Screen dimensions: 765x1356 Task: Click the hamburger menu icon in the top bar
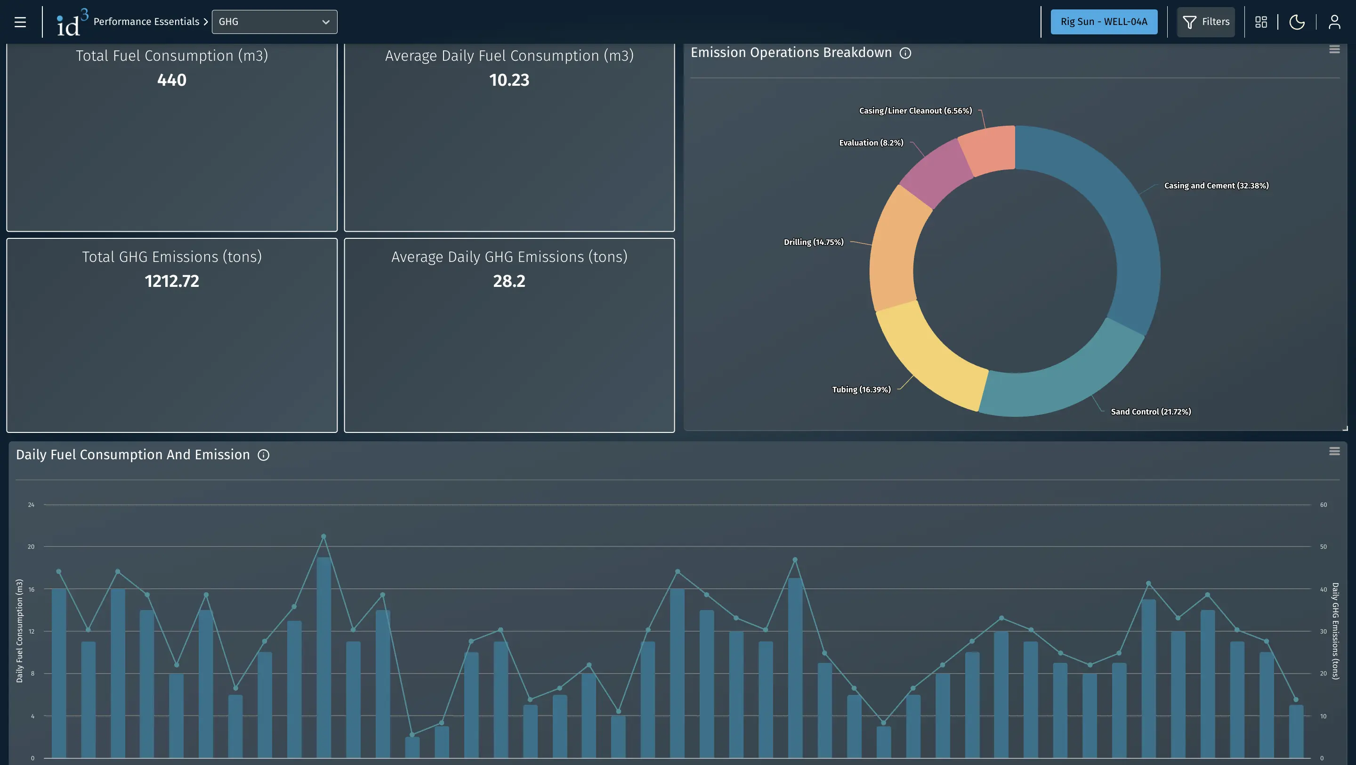pos(20,22)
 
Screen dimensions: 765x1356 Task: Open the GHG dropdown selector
pos(274,22)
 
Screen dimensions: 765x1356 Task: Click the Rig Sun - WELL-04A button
pos(1104,22)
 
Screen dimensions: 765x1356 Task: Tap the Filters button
pos(1205,22)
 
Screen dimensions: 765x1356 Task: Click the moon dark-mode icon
pos(1297,22)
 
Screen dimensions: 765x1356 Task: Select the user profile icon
pos(1334,22)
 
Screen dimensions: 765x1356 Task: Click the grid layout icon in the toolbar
pos(1261,22)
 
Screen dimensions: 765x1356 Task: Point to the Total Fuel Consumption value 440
pos(171,80)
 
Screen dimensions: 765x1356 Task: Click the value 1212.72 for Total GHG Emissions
pos(171,281)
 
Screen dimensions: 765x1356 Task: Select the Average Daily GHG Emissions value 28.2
pos(509,281)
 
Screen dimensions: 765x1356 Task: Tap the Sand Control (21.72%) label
pos(1151,412)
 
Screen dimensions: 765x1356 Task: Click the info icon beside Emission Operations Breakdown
pos(905,53)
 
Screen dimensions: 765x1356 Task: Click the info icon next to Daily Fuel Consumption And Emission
pos(263,456)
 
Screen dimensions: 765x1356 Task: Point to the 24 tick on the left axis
pos(31,505)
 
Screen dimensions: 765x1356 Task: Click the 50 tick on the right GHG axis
pos(1324,547)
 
